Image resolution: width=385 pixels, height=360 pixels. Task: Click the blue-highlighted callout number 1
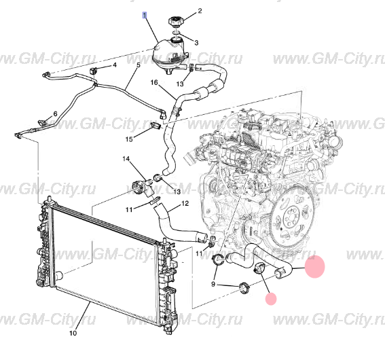click(x=145, y=15)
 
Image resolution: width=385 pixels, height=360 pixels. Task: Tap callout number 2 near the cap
click(x=200, y=11)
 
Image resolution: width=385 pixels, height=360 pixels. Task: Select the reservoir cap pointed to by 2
click(x=175, y=21)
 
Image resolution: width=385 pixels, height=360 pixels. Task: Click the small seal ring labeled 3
click(x=177, y=33)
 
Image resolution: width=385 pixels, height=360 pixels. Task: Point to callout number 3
click(x=196, y=43)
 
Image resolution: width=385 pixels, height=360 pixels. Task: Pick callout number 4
click(x=115, y=65)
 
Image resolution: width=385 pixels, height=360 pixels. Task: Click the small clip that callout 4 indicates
click(x=94, y=71)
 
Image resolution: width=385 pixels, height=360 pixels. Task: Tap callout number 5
click(x=139, y=65)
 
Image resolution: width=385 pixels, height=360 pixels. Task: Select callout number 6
click(x=55, y=113)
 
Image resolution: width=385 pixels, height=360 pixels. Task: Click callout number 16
click(x=154, y=82)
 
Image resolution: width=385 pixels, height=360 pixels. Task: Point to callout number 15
click(x=129, y=139)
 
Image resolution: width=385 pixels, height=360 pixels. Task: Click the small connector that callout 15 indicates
click(x=156, y=126)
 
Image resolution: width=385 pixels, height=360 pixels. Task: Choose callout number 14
click(x=126, y=159)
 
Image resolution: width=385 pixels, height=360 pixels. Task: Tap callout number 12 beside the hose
click(x=185, y=203)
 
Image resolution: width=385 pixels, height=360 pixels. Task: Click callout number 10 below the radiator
click(x=73, y=333)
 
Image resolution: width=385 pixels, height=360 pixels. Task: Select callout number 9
click(x=213, y=284)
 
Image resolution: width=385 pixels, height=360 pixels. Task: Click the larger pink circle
click(x=315, y=267)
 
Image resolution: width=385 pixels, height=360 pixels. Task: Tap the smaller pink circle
click(x=271, y=299)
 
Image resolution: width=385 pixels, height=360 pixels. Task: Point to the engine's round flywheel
click(x=294, y=217)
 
